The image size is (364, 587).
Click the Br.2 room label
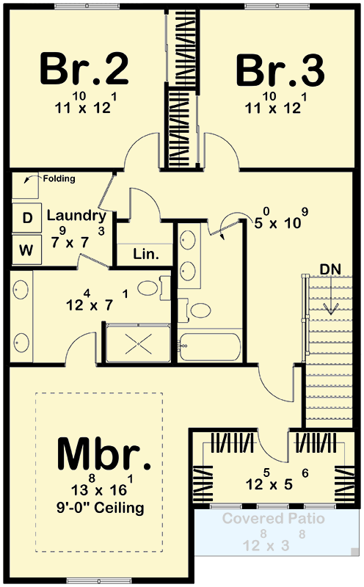point(84,69)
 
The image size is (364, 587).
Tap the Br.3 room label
point(280,70)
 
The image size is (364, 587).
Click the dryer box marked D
point(27,217)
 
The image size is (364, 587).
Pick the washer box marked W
point(26,249)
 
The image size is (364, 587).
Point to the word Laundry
point(76,216)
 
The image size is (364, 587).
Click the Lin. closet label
point(146,254)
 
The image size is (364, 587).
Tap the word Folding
point(59,178)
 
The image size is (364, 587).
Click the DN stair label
point(330,269)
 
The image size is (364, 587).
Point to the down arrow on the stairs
point(331,295)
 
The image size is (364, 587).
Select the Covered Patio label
point(274,519)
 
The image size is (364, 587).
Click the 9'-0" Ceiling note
point(101,508)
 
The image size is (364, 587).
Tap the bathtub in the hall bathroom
point(210,347)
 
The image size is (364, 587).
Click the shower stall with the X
point(139,343)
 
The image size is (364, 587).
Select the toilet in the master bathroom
point(153,288)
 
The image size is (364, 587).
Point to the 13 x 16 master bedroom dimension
point(102,485)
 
